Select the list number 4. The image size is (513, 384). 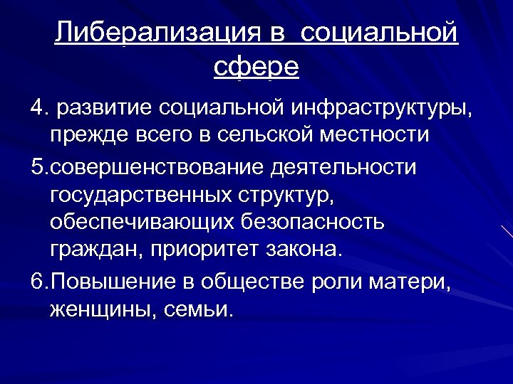[37, 107]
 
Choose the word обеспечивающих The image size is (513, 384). [133, 222]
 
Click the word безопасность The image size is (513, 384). [309, 222]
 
